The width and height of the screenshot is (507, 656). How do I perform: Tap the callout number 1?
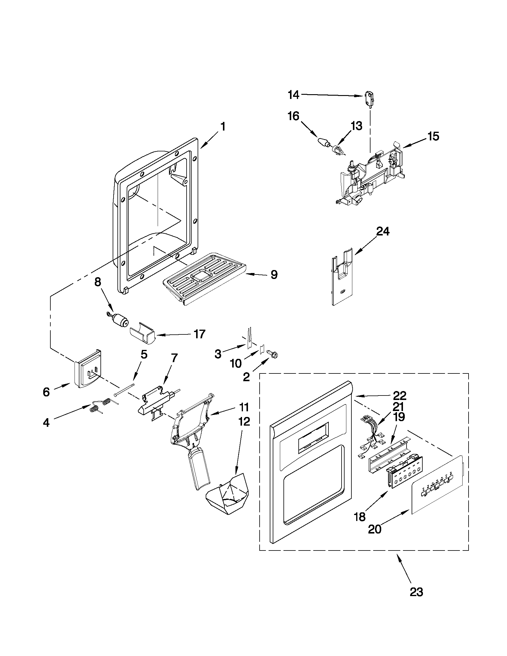tap(223, 126)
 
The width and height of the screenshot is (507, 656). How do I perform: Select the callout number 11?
tap(244, 407)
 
